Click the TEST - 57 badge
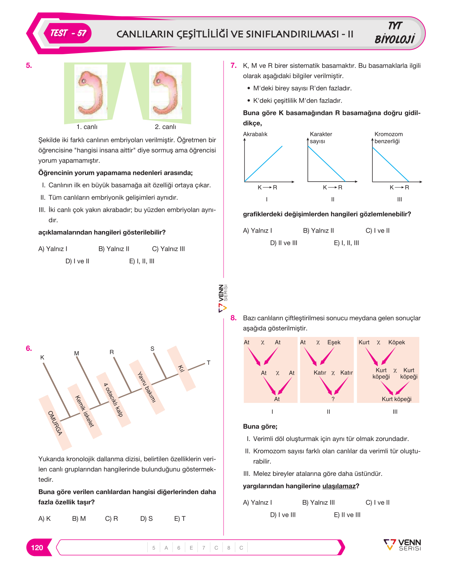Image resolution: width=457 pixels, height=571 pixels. coord(68,33)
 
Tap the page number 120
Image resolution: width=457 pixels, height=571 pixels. coord(37,548)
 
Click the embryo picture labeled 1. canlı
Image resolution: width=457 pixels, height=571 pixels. coord(91,92)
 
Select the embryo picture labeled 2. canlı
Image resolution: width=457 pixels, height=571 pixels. coord(166,92)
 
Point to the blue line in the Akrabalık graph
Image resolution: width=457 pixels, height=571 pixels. coord(263,163)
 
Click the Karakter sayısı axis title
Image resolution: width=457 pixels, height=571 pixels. coord(321,137)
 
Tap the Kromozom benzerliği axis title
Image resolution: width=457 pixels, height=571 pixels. coord(388,137)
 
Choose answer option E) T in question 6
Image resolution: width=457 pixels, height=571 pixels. coord(180,518)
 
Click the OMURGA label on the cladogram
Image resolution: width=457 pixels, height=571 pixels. coord(55,423)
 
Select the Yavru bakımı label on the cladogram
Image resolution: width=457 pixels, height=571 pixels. coord(146,387)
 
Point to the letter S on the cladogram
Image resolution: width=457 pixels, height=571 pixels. coord(152,348)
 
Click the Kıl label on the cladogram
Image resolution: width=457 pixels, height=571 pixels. coord(181,368)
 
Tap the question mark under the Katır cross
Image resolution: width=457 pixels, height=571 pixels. coord(333,399)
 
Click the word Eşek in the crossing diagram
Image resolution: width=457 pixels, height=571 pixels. coord(333,342)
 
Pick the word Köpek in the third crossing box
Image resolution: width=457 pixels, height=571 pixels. coord(397,342)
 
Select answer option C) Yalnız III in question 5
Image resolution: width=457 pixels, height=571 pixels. coord(168,249)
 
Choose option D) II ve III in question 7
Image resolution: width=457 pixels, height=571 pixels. coord(284,243)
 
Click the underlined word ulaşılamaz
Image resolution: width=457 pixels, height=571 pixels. coord(339,486)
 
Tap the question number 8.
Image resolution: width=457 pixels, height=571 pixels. coord(233,318)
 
